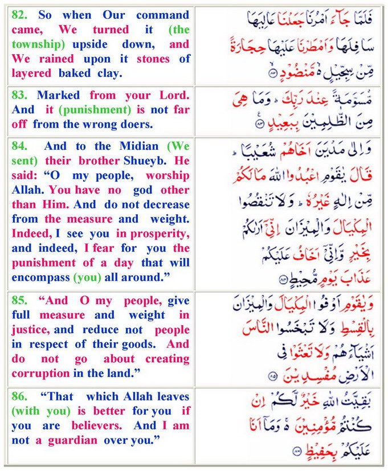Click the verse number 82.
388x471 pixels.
point(19,15)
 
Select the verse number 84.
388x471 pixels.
point(19,145)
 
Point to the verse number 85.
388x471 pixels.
point(19,300)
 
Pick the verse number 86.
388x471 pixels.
point(19,396)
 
